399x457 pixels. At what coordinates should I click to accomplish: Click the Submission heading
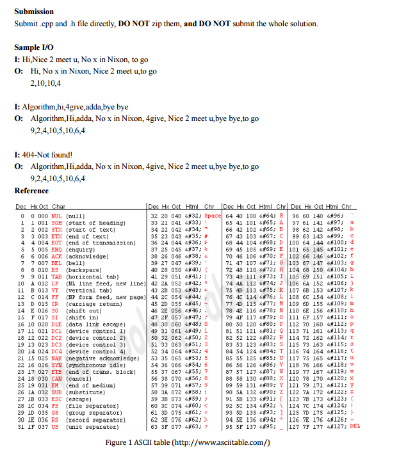click(34, 12)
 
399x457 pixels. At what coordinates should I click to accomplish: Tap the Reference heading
click(31, 191)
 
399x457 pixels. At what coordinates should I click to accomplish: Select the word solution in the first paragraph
click(301, 24)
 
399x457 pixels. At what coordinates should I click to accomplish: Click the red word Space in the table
click(212, 216)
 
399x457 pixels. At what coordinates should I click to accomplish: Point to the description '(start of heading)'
click(96, 223)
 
